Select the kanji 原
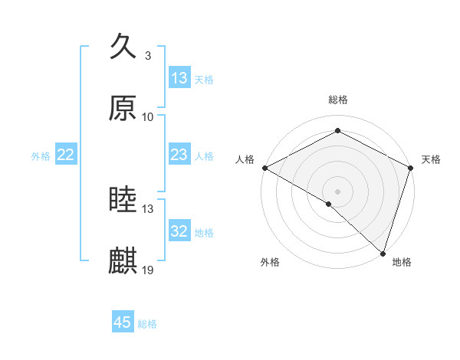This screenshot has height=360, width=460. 123,109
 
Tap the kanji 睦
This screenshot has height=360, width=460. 123,201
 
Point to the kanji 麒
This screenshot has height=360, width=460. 123,261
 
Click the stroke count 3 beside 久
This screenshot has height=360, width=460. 148,56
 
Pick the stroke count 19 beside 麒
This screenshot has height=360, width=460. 148,270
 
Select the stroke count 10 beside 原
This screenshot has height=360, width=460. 148,117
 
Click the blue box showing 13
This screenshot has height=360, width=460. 179,78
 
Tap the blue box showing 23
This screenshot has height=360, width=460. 179,155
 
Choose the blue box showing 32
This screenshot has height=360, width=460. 179,231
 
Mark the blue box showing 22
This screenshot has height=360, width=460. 66,155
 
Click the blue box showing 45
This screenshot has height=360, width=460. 123,322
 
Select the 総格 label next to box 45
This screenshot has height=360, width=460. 147,324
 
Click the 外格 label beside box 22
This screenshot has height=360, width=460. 41,156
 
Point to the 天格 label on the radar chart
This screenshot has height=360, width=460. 431,159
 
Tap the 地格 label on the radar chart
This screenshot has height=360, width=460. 402,262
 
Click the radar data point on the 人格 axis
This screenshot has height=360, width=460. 264,168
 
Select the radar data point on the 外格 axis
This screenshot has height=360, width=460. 329,204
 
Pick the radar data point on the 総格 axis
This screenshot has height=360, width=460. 337,130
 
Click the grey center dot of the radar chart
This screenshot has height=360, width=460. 337,191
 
